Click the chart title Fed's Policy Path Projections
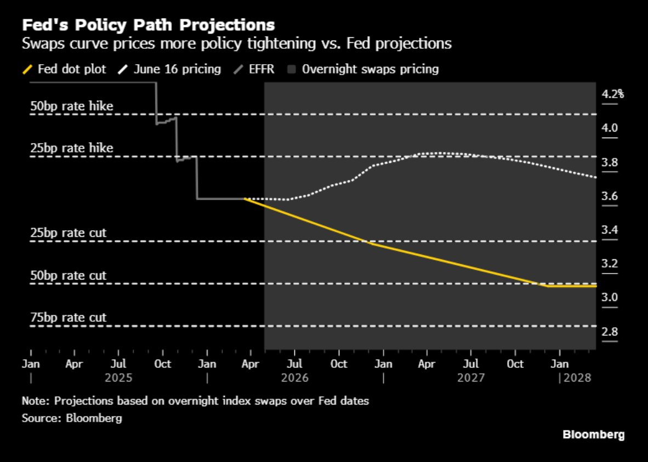tap(149, 25)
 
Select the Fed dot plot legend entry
tap(65, 69)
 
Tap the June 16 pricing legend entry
tap(169, 69)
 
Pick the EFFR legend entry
tap(254, 69)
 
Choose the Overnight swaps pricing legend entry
tap(363, 69)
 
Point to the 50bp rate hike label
tap(71, 106)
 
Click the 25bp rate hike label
tap(71, 148)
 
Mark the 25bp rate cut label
tap(68, 233)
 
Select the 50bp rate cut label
tap(68, 275)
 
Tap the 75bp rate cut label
tap(68, 317)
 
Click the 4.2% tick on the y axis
tap(612, 94)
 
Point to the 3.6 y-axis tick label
tap(610, 196)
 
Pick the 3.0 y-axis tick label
tap(610, 297)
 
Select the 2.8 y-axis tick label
tap(610, 332)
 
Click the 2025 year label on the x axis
tap(118, 378)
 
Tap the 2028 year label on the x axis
tap(577, 378)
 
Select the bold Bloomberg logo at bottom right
tap(593, 435)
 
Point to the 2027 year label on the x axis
tap(471, 378)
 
